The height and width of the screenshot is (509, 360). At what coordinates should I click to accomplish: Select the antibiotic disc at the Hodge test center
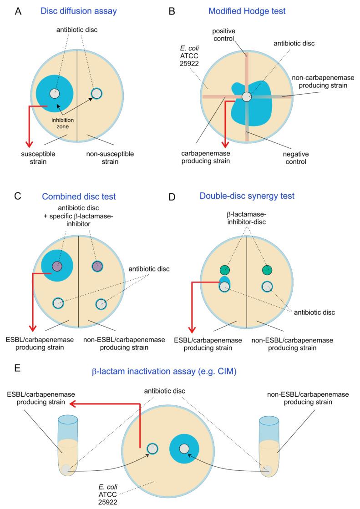[x=246, y=97]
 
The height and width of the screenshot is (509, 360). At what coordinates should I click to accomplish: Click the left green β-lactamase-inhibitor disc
[x=223, y=270]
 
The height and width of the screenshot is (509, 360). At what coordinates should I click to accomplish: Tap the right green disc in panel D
[x=267, y=270]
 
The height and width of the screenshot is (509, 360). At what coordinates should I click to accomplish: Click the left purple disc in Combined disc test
[x=56, y=266]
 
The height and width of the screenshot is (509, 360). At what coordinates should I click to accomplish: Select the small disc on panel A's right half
[x=96, y=93]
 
